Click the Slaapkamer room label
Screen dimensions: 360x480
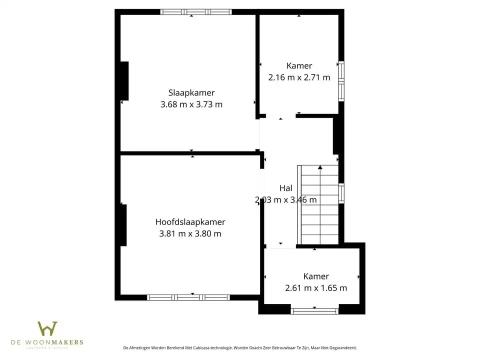click(x=191, y=92)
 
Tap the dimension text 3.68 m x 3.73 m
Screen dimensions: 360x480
click(x=191, y=104)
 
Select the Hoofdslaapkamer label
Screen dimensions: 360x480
click(x=190, y=222)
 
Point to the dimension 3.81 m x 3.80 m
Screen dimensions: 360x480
click(x=190, y=233)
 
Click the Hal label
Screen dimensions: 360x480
click(x=285, y=188)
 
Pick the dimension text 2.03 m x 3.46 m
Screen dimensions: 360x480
click(x=285, y=199)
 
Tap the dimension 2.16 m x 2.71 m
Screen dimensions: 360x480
click(x=299, y=77)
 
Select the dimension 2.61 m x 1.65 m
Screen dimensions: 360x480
click(x=316, y=288)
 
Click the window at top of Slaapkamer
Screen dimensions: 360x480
click(x=196, y=12)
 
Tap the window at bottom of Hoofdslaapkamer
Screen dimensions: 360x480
click(x=188, y=297)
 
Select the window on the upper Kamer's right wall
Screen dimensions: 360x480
click(x=341, y=81)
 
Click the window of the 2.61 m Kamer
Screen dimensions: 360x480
click(x=315, y=311)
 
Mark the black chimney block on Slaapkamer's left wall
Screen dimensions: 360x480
click(x=124, y=81)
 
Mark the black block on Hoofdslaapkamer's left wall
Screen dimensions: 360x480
click(x=122, y=225)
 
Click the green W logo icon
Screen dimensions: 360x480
click(x=47, y=329)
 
